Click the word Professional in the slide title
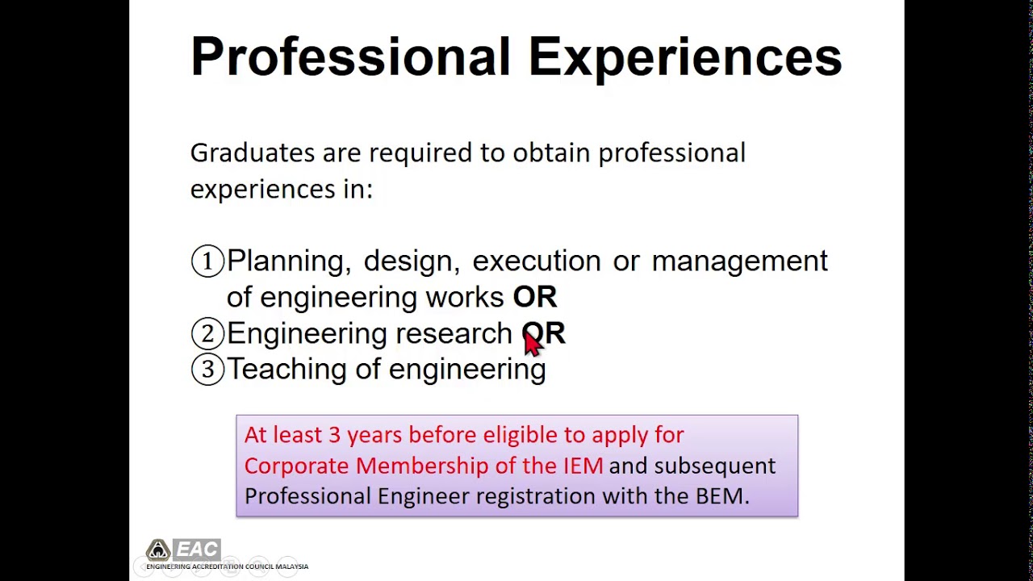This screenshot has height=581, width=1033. (x=350, y=57)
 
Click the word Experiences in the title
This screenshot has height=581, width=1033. (x=684, y=57)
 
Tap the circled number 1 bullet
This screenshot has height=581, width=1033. (x=207, y=261)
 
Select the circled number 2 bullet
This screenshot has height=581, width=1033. (x=207, y=333)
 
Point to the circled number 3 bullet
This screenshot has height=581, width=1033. (x=207, y=370)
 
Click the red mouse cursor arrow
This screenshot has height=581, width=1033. (x=533, y=342)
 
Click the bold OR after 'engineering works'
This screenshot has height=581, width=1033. (x=534, y=297)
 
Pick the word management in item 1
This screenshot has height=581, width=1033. (x=739, y=261)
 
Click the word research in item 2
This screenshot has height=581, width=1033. (x=454, y=333)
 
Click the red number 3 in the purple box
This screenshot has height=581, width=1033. (x=334, y=435)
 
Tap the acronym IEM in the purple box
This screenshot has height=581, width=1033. (x=583, y=466)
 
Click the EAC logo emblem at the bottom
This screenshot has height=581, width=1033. (x=158, y=550)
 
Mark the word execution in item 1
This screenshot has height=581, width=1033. (x=536, y=261)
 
